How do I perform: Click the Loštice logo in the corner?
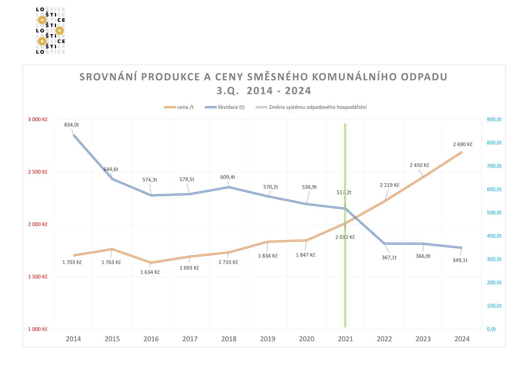[51, 30]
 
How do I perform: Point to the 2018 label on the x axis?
[229, 339]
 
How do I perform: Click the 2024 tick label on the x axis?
[462, 339]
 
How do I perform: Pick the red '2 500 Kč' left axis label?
[38, 172]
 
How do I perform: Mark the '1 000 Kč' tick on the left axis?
[38, 329]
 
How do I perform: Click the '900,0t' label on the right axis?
[494, 119]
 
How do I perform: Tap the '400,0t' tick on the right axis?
[494, 236]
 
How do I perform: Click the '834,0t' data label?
[72, 125]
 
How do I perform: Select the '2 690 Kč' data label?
[463, 144]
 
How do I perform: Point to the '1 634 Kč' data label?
[150, 272]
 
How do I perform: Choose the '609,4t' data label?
[228, 177]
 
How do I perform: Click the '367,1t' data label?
[389, 257]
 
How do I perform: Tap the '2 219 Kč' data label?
[389, 185]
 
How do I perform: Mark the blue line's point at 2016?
[151, 195]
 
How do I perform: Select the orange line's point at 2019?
[267, 241]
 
